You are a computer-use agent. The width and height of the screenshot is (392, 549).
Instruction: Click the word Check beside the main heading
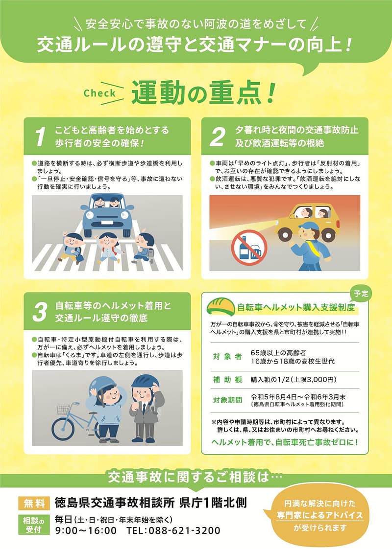pos(99,93)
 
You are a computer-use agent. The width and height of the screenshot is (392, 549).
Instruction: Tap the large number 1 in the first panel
pos(41,137)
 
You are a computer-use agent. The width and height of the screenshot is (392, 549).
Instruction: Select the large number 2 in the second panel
pos(218,137)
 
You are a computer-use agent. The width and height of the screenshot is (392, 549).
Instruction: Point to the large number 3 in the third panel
pos(40,312)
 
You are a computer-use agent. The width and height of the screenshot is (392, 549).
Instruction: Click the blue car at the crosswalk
pos(107,214)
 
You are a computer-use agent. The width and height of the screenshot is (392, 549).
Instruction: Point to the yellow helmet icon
pos(220,307)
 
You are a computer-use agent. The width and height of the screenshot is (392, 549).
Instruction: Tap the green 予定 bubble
pos(361,294)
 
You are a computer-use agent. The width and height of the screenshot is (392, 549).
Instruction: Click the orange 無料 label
pos(34,503)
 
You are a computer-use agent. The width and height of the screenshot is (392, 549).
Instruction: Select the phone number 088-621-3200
pos(184,530)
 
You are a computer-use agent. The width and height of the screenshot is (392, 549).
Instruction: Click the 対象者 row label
pos(227,356)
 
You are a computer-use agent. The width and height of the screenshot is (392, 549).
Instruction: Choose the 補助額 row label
pos(227,380)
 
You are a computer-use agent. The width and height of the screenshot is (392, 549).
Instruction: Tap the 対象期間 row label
pos(227,400)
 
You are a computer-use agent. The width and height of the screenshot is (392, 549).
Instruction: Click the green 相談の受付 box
pos(34,525)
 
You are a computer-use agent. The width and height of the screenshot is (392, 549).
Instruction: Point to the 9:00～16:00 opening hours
pos(86,530)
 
